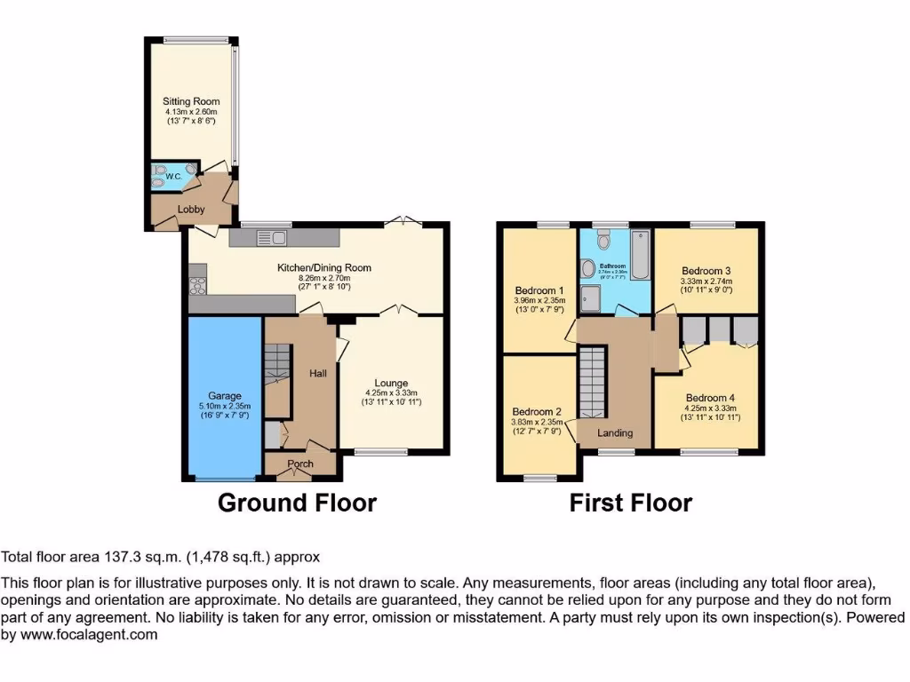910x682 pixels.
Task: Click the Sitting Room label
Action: tap(190, 101)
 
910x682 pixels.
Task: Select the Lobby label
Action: tap(190, 210)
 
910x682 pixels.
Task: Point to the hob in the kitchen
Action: tap(196, 286)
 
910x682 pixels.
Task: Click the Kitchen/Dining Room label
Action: tap(323, 267)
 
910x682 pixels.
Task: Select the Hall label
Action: tap(317, 374)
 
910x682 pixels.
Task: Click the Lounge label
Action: tap(391, 383)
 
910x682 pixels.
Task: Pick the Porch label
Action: tap(300, 464)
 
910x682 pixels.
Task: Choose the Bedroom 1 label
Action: tap(539, 290)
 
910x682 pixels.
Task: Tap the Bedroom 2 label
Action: tap(537, 412)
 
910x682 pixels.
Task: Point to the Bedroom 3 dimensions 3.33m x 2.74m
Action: tap(706, 282)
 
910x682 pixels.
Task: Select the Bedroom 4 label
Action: tap(708, 398)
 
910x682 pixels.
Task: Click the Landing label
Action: tap(615, 433)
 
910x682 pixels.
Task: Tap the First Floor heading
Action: tap(630, 504)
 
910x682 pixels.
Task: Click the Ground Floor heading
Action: tap(297, 504)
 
